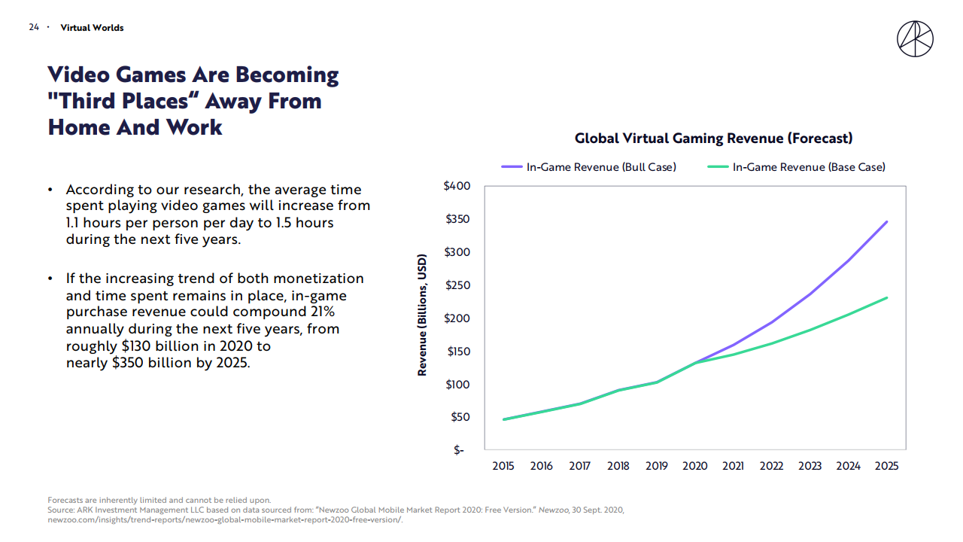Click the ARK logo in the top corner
click(x=915, y=38)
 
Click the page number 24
click(x=34, y=28)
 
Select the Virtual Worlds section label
click(x=92, y=28)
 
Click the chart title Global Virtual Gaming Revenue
click(x=713, y=139)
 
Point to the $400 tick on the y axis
click(x=457, y=186)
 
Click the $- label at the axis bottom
click(x=458, y=450)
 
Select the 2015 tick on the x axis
click(x=503, y=466)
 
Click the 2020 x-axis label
click(x=695, y=466)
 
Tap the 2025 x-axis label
click(x=887, y=466)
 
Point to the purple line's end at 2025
click(x=887, y=222)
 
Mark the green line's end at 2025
click(x=887, y=298)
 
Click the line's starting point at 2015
click(x=503, y=419)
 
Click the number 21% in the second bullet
click(x=320, y=312)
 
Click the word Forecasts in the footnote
click(x=68, y=500)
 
